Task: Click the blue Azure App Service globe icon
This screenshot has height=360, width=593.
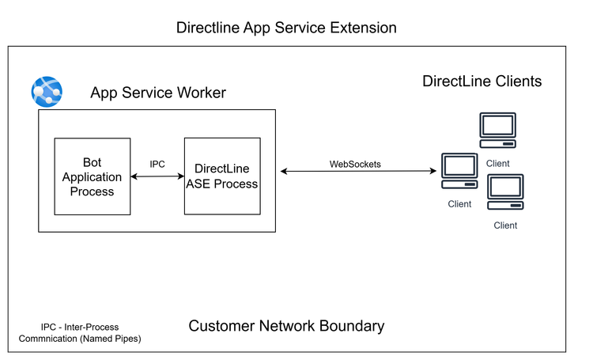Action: pyautogui.click(x=47, y=92)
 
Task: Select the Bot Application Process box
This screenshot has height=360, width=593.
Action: pyautogui.click(x=92, y=176)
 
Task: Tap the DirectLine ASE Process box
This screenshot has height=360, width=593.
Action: pyautogui.click(x=221, y=176)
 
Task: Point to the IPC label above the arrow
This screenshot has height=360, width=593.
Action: pyautogui.click(x=157, y=164)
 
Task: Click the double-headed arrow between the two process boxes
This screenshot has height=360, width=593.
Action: pyautogui.click(x=157, y=176)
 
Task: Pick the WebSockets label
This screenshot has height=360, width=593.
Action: pyautogui.click(x=355, y=164)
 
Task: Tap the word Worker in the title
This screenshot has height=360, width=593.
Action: pyautogui.click(x=200, y=93)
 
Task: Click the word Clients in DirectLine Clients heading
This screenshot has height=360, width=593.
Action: pyautogui.click(x=516, y=81)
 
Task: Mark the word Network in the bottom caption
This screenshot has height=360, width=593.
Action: pyautogui.click(x=289, y=326)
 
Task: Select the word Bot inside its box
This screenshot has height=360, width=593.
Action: pyautogui.click(x=92, y=163)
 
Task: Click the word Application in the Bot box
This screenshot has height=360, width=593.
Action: pyautogui.click(x=92, y=177)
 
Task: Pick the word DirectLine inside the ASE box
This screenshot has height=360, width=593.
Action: pyautogui.click(x=221, y=169)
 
